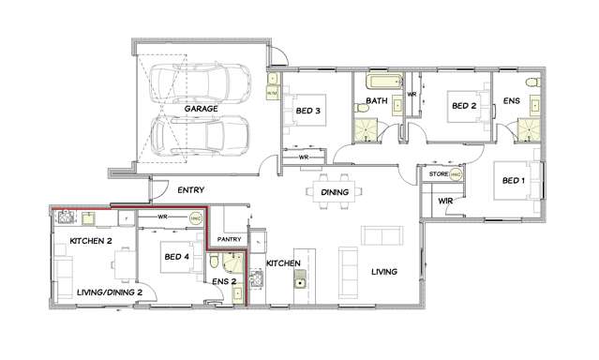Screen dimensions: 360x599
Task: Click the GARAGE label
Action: (201, 109)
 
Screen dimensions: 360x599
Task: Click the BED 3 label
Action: (308, 111)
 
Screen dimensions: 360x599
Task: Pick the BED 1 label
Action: (513, 180)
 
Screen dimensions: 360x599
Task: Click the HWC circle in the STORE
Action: (457, 174)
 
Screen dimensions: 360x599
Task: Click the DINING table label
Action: (334, 192)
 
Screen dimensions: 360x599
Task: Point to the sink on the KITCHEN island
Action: (300, 282)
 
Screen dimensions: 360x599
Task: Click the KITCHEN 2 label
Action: (90, 241)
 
